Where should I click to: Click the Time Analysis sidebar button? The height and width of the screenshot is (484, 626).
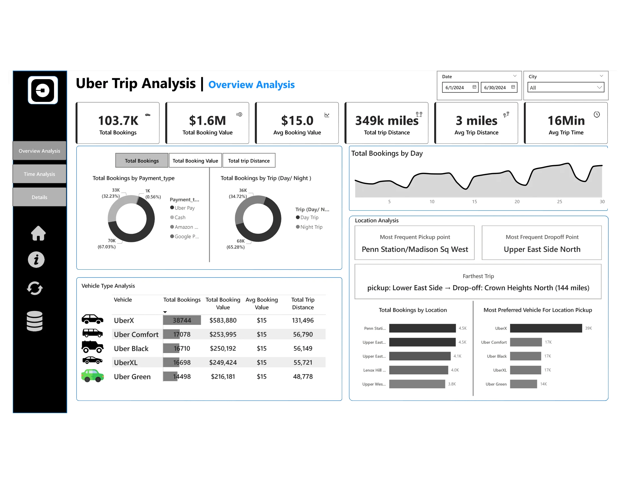pyautogui.click(x=39, y=174)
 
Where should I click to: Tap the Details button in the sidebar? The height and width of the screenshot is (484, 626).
pyautogui.click(x=39, y=197)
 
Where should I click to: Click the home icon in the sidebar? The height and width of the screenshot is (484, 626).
pyautogui.click(x=38, y=233)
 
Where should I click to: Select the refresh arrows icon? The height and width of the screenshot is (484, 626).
pyautogui.click(x=35, y=288)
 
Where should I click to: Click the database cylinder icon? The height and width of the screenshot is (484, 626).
pyautogui.click(x=35, y=321)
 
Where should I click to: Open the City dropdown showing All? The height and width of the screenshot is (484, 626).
pyautogui.click(x=565, y=87)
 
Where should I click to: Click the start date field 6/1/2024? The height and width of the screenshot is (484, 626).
pyautogui.click(x=460, y=87)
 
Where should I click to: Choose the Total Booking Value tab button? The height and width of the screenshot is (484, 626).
pyautogui.click(x=195, y=161)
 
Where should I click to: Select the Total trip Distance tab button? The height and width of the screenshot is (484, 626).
pyautogui.click(x=249, y=161)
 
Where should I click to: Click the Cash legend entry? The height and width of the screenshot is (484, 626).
pyautogui.click(x=180, y=217)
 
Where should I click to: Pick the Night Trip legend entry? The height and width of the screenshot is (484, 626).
pyautogui.click(x=311, y=227)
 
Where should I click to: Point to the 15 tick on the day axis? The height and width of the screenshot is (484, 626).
pyautogui.click(x=474, y=202)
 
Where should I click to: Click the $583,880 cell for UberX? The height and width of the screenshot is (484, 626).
pyautogui.click(x=223, y=320)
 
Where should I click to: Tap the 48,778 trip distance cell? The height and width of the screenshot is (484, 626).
pyautogui.click(x=303, y=376)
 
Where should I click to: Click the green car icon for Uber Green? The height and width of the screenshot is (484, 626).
pyautogui.click(x=92, y=376)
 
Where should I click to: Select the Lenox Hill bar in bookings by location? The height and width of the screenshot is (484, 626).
pyautogui.click(x=419, y=370)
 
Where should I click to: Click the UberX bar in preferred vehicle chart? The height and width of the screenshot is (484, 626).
pyautogui.click(x=546, y=328)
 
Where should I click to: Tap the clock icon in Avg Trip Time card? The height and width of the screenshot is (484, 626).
pyautogui.click(x=596, y=114)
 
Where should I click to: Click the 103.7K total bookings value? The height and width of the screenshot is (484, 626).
pyautogui.click(x=118, y=121)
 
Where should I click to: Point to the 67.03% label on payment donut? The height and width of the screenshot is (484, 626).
pyautogui.click(x=107, y=247)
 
